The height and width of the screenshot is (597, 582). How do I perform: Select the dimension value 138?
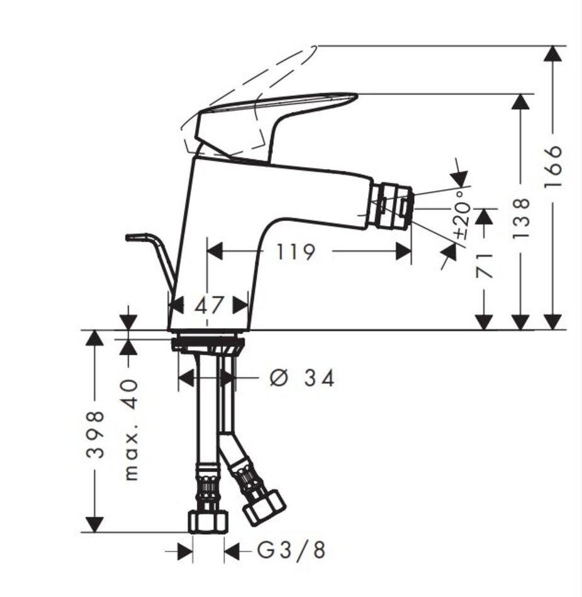(x=521, y=218)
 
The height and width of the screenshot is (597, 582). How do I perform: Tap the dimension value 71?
(x=485, y=265)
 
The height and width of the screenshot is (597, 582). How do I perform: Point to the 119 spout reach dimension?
(x=296, y=251)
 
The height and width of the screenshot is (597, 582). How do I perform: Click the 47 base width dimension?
(x=208, y=305)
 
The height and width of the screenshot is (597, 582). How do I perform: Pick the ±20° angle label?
(x=462, y=215)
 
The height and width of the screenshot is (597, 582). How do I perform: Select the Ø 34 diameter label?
(x=302, y=378)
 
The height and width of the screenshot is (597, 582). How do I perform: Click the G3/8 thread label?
(x=291, y=550)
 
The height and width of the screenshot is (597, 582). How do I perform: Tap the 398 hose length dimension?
(x=95, y=434)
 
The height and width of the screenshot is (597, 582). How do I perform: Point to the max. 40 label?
(x=131, y=429)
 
